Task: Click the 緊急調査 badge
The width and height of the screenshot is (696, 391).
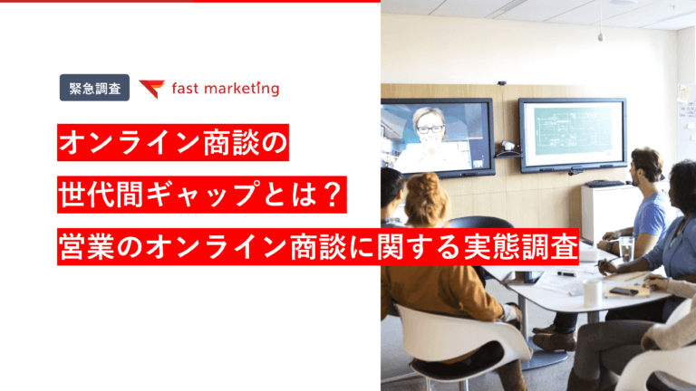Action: tap(95, 89)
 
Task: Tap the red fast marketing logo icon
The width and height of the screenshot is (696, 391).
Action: tap(151, 89)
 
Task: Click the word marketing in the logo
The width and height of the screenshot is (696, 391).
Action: tap(238, 89)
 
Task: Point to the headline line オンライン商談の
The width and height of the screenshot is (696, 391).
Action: tap(172, 143)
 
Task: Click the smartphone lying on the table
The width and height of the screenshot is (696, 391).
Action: tap(624, 291)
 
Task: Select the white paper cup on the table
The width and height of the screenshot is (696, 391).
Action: tap(592, 291)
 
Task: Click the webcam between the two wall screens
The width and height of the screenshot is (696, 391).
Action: tap(508, 145)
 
